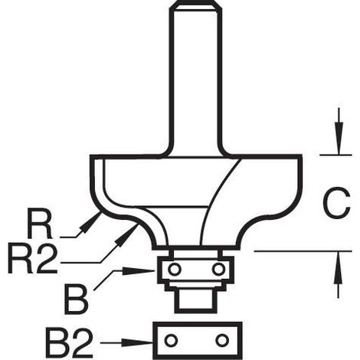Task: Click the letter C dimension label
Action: coord(336,203)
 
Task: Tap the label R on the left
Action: coord(40,224)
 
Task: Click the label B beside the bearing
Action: coord(76,300)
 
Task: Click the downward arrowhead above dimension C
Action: coord(339,139)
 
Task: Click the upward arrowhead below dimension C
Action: coord(339,267)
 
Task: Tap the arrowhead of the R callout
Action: coord(90,221)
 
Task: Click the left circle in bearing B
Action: coord(175,269)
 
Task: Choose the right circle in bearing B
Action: coord(218,269)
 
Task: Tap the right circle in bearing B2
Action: coord(221,340)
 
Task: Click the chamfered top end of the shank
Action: coord(195,5)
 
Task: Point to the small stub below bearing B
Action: coord(195,301)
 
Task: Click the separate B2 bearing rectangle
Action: coord(197,340)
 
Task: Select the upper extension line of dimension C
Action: coord(335,155)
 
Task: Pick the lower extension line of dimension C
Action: coord(303,251)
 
